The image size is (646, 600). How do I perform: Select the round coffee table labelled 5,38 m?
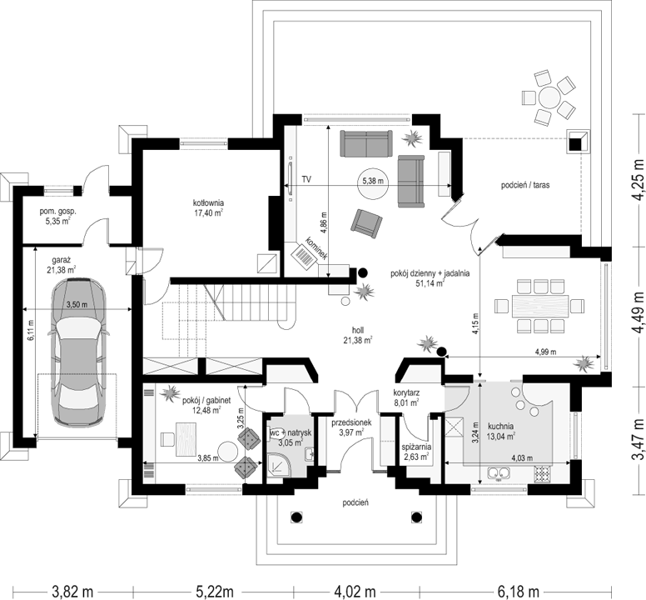click(373, 184)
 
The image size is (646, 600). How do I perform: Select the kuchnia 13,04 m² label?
click(501, 431)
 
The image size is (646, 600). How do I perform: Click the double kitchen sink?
click(499, 473)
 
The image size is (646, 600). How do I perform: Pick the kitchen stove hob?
click(543, 474)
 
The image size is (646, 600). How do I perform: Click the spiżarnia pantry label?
click(416, 451)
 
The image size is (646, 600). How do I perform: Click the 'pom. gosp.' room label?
click(57, 216)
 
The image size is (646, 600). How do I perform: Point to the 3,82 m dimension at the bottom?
click(73, 592)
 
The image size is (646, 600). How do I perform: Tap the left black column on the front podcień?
click(296, 517)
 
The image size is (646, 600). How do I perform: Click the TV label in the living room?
click(306, 179)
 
